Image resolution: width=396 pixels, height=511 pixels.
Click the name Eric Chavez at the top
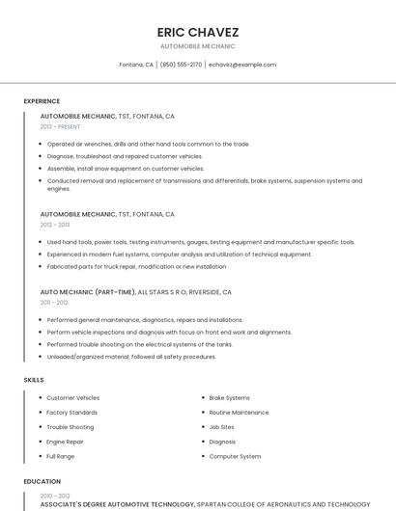[197, 32]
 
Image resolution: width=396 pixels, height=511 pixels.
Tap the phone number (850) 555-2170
[181, 65]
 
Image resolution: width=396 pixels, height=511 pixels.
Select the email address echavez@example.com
[242, 65]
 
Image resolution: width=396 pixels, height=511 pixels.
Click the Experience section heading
[42, 101]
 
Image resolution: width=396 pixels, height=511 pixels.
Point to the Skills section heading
[34, 380]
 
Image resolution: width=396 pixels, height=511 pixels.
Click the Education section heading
[42, 481]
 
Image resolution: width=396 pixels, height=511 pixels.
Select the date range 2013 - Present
[60, 126]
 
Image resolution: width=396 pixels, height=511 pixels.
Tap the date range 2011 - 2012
[54, 302]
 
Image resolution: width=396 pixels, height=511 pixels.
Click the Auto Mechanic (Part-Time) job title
[88, 291]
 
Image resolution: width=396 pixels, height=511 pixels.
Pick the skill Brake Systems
[229, 397]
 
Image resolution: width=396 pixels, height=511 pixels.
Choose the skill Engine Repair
[65, 442]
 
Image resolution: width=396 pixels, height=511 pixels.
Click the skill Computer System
[235, 456]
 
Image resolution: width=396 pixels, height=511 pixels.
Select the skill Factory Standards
[72, 412]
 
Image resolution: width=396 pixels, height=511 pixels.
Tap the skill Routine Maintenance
[239, 412]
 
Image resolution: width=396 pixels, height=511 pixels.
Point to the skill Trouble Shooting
[71, 427]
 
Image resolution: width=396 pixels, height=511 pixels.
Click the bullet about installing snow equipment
[126, 169]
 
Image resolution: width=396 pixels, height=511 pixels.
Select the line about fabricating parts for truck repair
[136, 266]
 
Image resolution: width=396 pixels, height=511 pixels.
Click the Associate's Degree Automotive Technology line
[117, 504]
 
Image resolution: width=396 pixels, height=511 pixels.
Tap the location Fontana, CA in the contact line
[136, 65]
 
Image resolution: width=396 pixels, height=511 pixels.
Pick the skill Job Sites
[221, 427]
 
